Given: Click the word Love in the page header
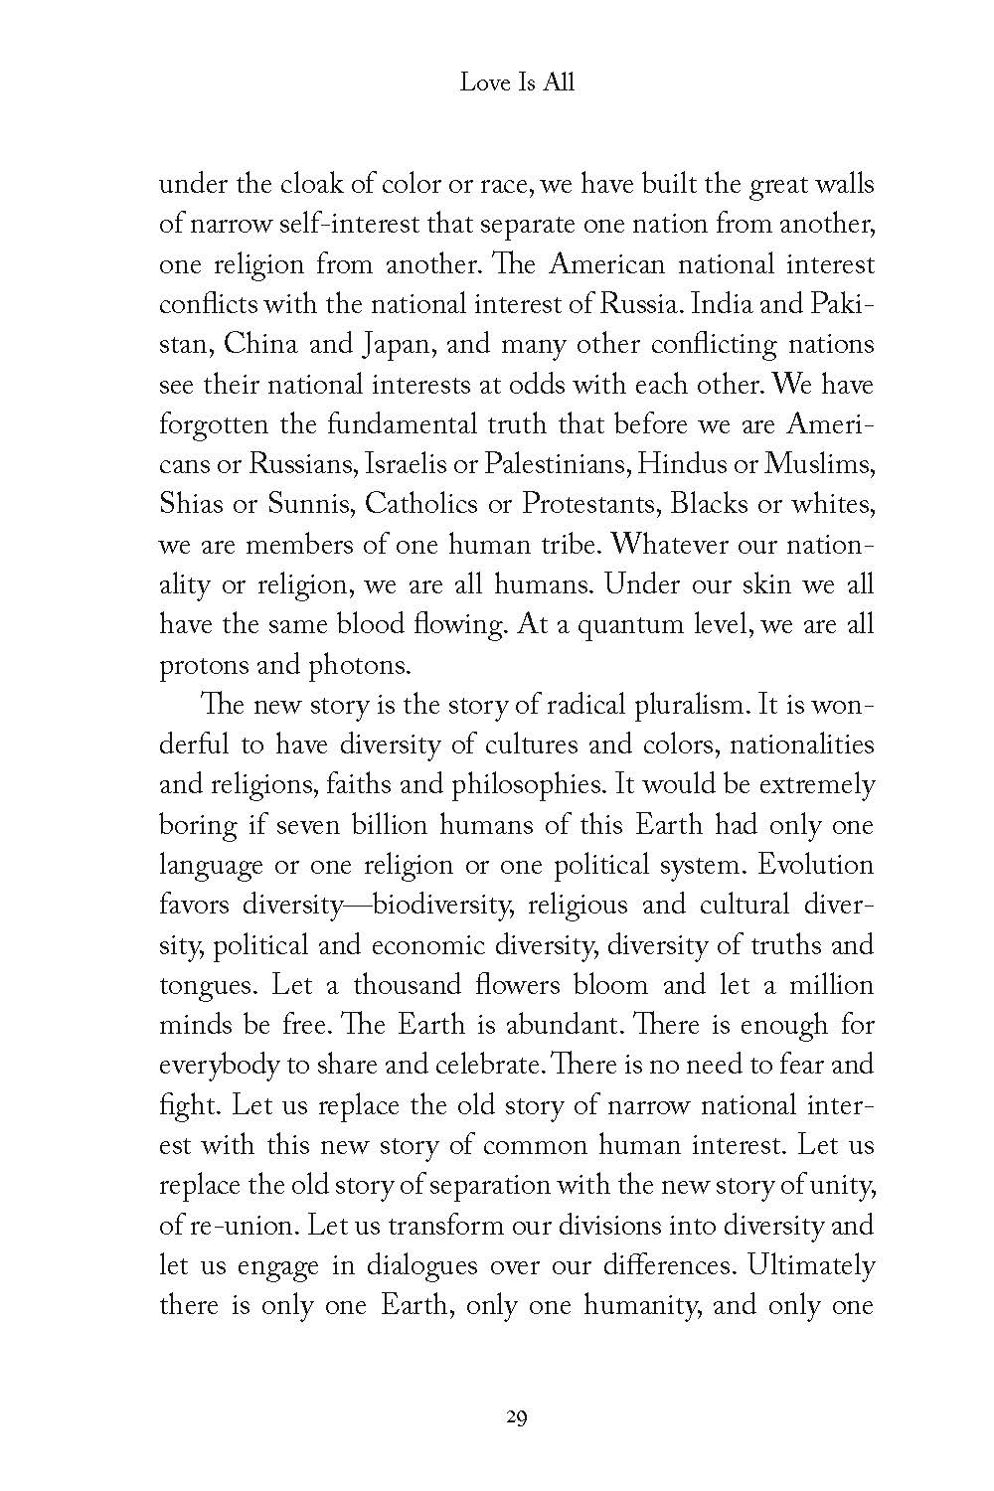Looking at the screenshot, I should point(480,83).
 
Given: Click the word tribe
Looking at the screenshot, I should point(564,545).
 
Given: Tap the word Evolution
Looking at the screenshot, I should point(815,865).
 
